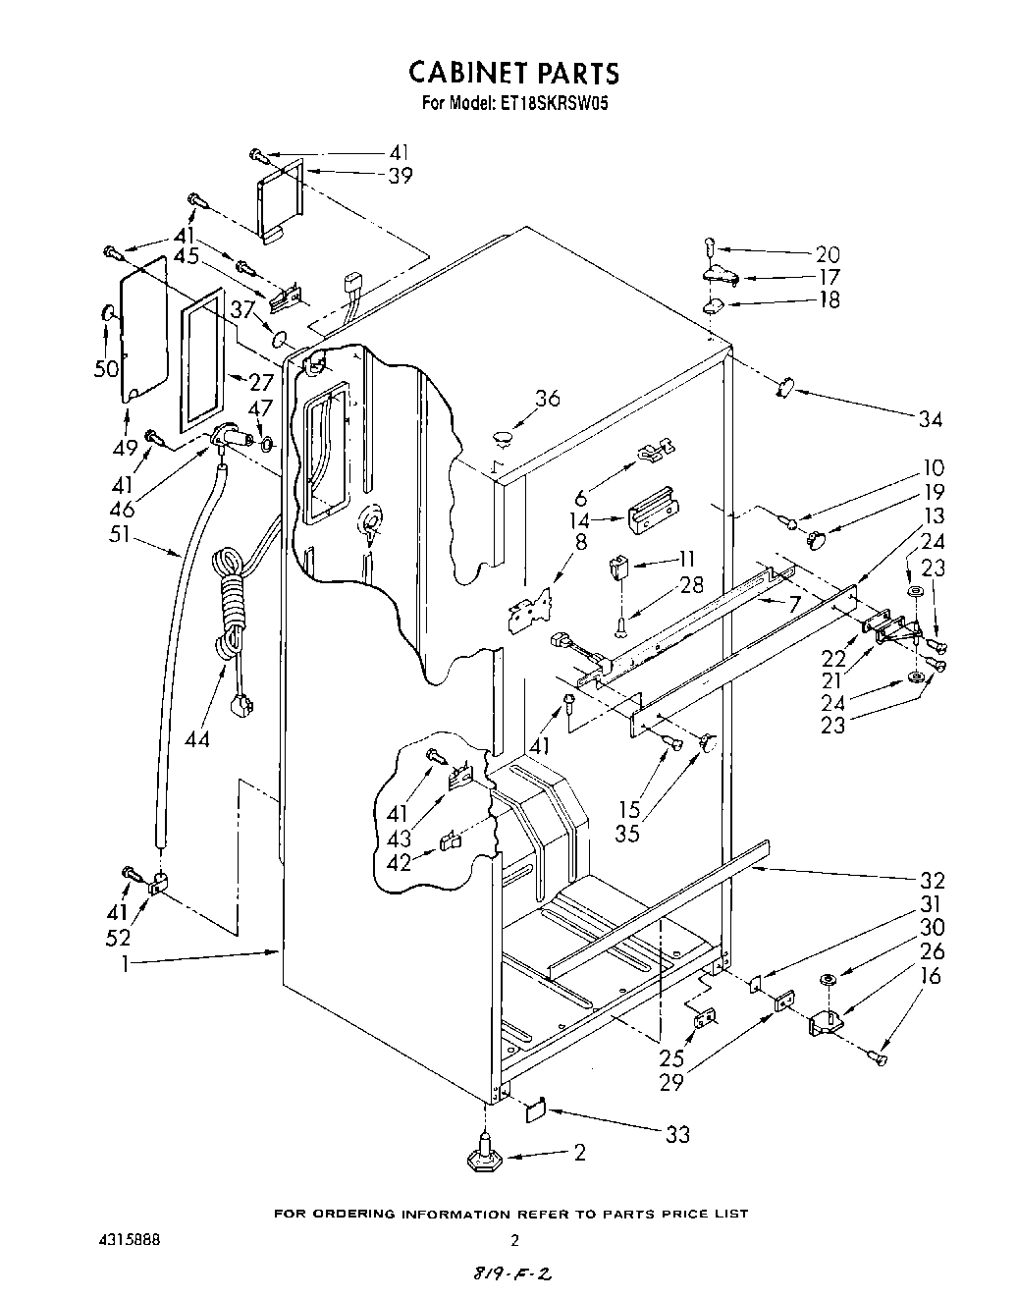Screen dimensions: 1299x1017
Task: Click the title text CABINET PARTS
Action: tap(513, 73)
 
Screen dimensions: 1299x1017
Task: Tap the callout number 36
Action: tap(547, 398)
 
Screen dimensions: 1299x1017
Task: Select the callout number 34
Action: tap(929, 420)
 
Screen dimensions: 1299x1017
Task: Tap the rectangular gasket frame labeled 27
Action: tap(202, 365)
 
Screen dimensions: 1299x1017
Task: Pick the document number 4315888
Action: tap(123, 1240)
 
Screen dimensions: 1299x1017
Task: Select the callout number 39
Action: tap(400, 176)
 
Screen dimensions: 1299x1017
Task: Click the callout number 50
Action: tap(105, 368)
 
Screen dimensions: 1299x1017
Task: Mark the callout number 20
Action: tap(828, 253)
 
